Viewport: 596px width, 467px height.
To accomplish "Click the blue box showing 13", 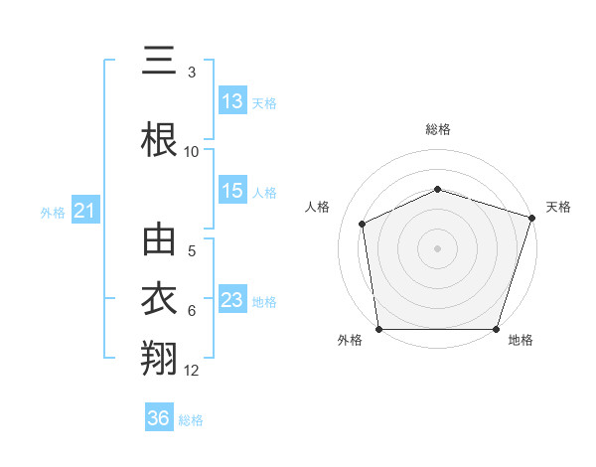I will click(232, 101).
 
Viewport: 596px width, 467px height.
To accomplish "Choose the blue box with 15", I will click(232, 191).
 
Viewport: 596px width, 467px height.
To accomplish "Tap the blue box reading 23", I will click(232, 300).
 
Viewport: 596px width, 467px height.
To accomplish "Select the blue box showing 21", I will click(84, 210).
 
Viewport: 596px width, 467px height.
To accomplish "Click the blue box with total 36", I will click(159, 418).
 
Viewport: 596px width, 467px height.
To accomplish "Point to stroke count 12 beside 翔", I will click(192, 371).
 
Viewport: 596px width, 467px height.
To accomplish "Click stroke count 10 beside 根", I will click(192, 151).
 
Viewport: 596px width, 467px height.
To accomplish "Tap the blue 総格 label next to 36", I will click(191, 420).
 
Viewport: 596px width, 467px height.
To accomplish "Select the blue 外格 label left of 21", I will click(53, 212).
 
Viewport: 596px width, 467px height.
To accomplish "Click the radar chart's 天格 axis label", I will click(558, 207).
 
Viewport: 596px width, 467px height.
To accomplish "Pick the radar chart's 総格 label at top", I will click(438, 129).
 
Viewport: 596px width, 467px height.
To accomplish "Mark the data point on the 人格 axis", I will click(363, 224).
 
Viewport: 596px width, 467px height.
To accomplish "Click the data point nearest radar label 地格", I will click(496, 329).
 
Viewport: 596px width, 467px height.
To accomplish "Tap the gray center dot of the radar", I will click(437, 248).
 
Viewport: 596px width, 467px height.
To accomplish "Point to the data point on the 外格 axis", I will click(378, 329).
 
